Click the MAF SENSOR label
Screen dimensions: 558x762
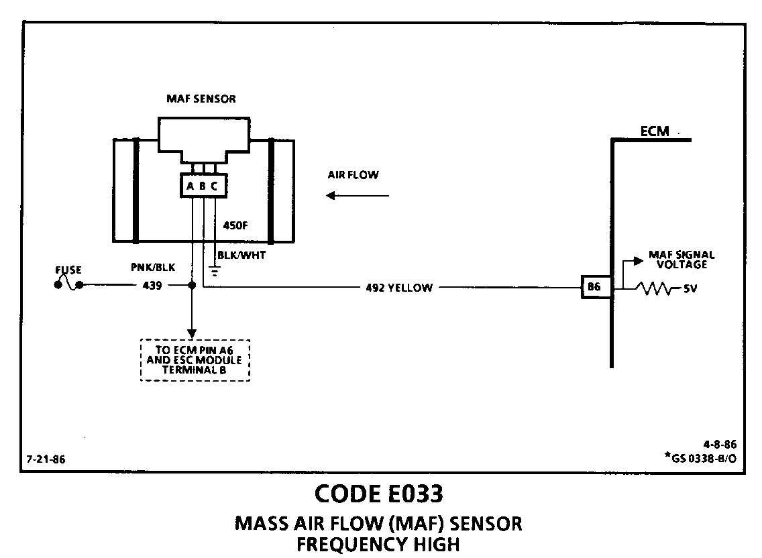pyautogui.click(x=201, y=99)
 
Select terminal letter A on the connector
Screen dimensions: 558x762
pyautogui.click(x=190, y=186)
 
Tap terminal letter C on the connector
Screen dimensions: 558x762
pyautogui.click(x=214, y=186)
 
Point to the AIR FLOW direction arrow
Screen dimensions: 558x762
pyautogui.click(x=358, y=196)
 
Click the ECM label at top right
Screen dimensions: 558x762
pyautogui.click(x=654, y=131)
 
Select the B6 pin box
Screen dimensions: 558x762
pyautogui.click(x=594, y=287)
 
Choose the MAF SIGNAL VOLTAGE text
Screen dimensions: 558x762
pyautogui.click(x=682, y=260)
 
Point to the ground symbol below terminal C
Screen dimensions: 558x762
pyautogui.click(x=215, y=271)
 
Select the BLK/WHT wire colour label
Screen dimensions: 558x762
pyautogui.click(x=239, y=254)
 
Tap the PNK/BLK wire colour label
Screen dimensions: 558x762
pyautogui.click(x=153, y=267)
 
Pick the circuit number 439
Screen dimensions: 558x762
pyautogui.click(x=153, y=285)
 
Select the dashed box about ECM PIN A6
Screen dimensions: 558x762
pyautogui.click(x=195, y=360)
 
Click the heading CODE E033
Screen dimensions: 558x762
pyautogui.click(x=378, y=494)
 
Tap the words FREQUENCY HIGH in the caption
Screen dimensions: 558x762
pyautogui.click(x=378, y=544)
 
